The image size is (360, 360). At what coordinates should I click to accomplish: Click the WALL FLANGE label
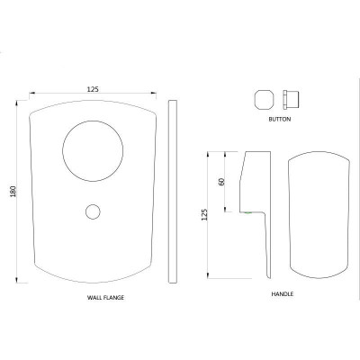click(x=105, y=298)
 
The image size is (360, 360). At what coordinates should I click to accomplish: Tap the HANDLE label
click(x=283, y=294)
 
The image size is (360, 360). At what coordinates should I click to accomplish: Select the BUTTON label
click(x=280, y=119)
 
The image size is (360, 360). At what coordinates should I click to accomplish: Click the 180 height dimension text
click(x=13, y=192)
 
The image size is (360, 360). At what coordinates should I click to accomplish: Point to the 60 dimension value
click(x=221, y=182)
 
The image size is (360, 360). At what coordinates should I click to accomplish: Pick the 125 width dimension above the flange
click(x=93, y=89)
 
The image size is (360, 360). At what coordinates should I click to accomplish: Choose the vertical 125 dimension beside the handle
click(x=204, y=215)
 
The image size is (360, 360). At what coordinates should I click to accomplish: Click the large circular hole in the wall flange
click(x=93, y=121)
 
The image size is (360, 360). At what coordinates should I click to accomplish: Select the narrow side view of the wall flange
click(x=173, y=192)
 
